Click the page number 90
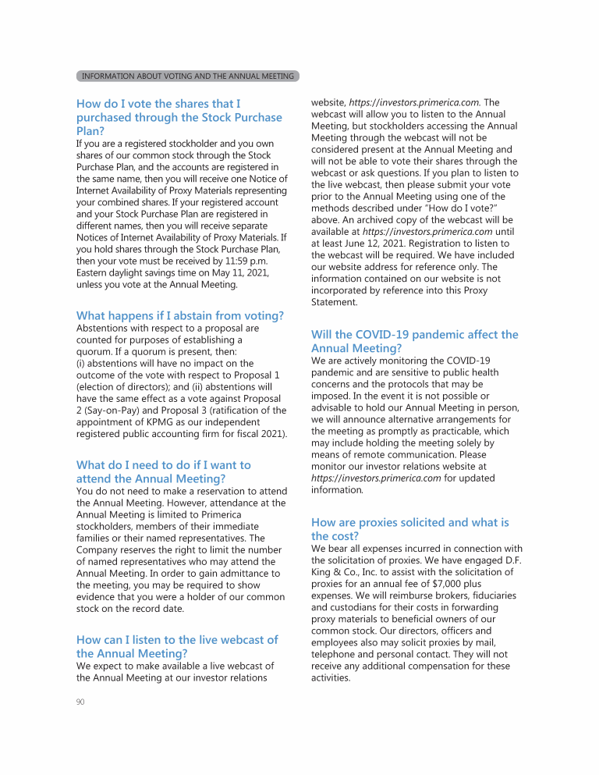(80, 702)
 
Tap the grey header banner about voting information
(187, 76)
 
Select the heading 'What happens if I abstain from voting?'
(180, 315)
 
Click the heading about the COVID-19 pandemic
(414, 341)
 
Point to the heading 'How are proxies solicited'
(409, 529)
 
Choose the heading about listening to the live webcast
(177, 646)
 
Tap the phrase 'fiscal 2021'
(260, 433)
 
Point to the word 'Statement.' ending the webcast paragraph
(335, 302)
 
